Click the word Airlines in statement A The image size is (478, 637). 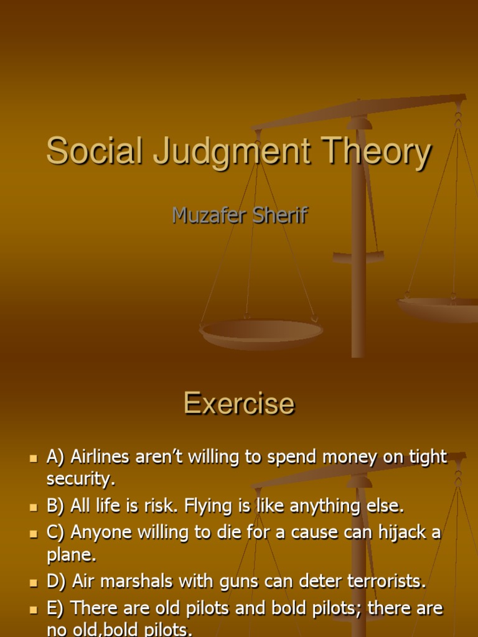pyautogui.click(x=100, y=457)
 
